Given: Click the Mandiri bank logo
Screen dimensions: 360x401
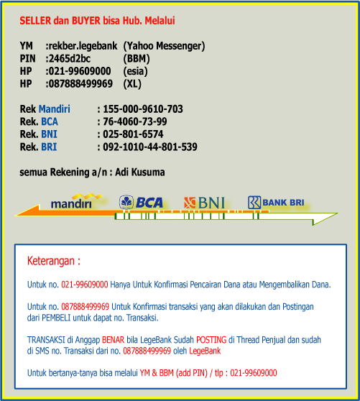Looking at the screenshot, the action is tap(72, 202).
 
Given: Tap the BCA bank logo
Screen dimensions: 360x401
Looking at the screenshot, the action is tap(141, 203).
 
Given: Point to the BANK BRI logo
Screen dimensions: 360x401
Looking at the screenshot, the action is tap(276, 203).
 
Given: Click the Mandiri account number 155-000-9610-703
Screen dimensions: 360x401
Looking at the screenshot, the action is tap(143, 109).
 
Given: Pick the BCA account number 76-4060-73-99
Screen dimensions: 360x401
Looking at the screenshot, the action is tap(135, 121).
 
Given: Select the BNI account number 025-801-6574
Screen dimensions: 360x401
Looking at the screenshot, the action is tap(133, 134).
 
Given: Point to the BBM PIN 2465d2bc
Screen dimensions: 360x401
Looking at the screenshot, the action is tap(70, 59).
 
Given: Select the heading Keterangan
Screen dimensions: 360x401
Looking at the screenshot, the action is tap(53, 260).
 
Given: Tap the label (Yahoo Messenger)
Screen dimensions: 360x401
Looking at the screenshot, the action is tap(164, 46).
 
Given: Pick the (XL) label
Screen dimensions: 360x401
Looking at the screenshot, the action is tap(132, 84).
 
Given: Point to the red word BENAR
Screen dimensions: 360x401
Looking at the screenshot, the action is tap(113, 339).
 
